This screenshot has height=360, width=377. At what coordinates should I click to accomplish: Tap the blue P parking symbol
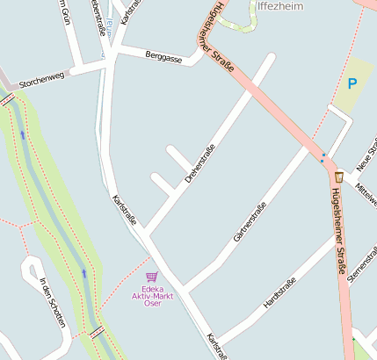click(352, 84)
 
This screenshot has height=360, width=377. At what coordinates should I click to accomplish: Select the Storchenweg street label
click(42, 76)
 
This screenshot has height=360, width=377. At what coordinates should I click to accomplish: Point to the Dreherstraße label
click(199, 164)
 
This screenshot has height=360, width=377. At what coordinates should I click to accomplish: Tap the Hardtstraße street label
click(280, 292)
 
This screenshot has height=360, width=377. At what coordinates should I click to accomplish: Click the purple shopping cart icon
click(152, 276)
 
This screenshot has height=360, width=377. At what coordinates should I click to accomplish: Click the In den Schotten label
click(52, 303)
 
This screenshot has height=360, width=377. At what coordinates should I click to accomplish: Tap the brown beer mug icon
click(339, 176)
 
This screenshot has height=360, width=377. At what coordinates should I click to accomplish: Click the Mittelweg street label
click(365, 194)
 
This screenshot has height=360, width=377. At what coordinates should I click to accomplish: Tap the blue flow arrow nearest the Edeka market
click(84, 272)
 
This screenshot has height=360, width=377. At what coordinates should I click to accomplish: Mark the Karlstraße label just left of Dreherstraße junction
click(125, 211)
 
